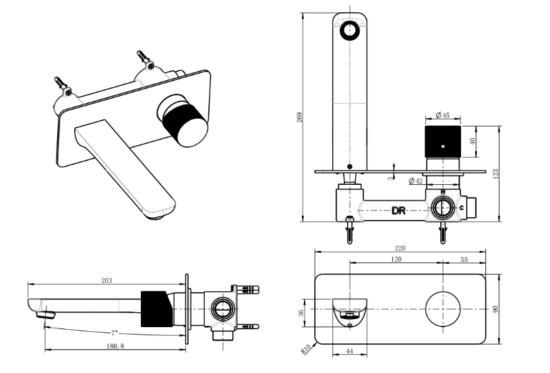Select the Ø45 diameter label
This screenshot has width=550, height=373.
(433, 115)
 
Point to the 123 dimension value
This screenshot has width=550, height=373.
(496, 173)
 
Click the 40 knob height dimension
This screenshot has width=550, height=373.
(472, 142)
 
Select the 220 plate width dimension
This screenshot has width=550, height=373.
(400, 248)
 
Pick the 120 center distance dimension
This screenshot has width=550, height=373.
(396, 259)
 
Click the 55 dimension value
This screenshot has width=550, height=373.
(464, 259)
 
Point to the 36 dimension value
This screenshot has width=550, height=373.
(303, 312)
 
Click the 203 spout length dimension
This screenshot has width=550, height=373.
(106, 280)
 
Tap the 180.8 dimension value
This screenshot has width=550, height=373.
(114, 346)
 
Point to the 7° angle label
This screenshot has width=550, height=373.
(115, 333)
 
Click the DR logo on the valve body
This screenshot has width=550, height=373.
(399, 210)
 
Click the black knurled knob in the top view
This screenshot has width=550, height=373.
(443, 142)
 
